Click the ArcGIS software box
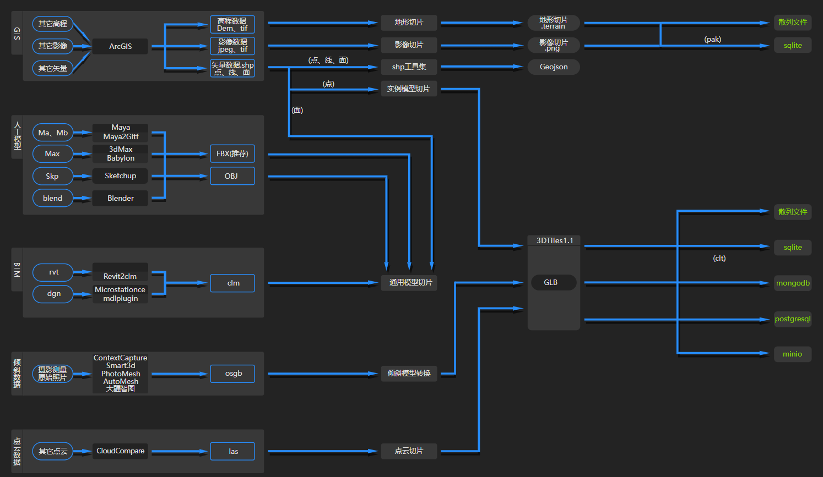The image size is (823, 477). (120, 46)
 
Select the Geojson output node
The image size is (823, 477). (554, 67)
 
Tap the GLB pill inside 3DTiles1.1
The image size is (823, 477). (554, 282)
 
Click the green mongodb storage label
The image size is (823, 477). (793, 283)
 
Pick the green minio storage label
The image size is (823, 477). (793, 354)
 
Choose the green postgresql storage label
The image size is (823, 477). (793, 319)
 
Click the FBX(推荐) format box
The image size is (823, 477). (232, 153)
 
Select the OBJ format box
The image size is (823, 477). (232, 176)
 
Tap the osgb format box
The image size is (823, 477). (232, 374)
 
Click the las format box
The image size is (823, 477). (232, 451)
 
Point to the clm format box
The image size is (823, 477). (232, 283)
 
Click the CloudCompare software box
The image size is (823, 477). (120, 451)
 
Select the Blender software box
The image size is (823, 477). (120, 198)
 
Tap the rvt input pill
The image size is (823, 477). (53, 272)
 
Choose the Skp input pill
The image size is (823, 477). (53, 176)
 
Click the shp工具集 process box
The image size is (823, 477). (409, 67)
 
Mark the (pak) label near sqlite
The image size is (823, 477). (712, 39)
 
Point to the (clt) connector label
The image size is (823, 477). (719, 259)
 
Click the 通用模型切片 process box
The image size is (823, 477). (409, 283)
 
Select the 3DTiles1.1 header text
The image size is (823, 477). (554, 241)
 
